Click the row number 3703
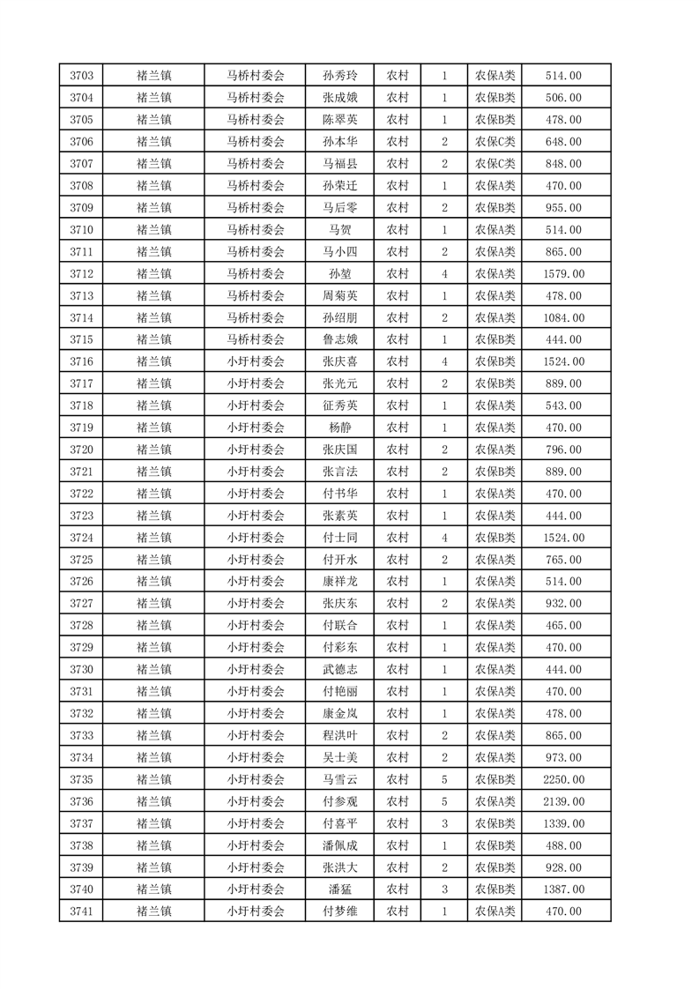[81, 76]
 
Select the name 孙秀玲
[339, 76]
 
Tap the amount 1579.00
[564, 274]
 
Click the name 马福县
[339, 164]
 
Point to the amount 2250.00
[564, 779]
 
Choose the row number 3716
[81, 361]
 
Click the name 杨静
[339, 428]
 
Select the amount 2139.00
[564, 801]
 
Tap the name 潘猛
[339, 889]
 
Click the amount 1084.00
[564, 317]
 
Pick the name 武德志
[339, 669]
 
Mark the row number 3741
[81, 911]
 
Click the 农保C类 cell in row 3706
[495, 142]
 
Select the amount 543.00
[564, 405]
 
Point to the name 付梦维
[339, 911]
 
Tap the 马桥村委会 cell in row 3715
[256, 339]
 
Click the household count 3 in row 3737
[444, 823]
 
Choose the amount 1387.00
[564, 889]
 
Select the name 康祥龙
[339, 582]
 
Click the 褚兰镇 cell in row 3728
[154, 625]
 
